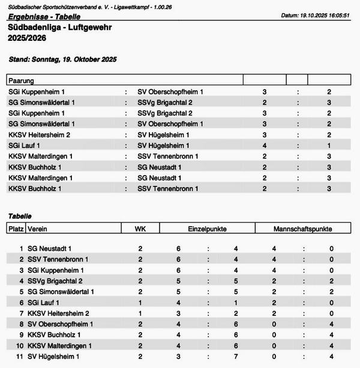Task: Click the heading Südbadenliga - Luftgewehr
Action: point(60,28)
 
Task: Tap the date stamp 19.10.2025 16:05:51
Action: point(323,15)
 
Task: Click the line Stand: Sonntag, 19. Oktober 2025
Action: point(62,59)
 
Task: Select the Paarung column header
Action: point(21,80)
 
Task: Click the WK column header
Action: point(140,229)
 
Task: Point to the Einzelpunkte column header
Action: point(207,229)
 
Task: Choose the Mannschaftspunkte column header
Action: point(302,229)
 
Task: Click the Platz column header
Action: point(16,229)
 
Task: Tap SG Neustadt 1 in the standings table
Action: point(50,249)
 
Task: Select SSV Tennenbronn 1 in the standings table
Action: point(58,260)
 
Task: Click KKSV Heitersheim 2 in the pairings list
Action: point(40,135)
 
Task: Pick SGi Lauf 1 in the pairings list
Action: point(25,146)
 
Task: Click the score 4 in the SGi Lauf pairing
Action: point(265,146)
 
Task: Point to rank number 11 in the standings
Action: point(20,357)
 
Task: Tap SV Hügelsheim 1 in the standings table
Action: point(54,357)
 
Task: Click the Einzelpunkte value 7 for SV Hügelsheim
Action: point(236,357)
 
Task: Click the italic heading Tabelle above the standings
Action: point(20,216)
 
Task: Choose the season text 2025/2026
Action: point(27,38)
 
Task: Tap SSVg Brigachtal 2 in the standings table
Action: point(55,281)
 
